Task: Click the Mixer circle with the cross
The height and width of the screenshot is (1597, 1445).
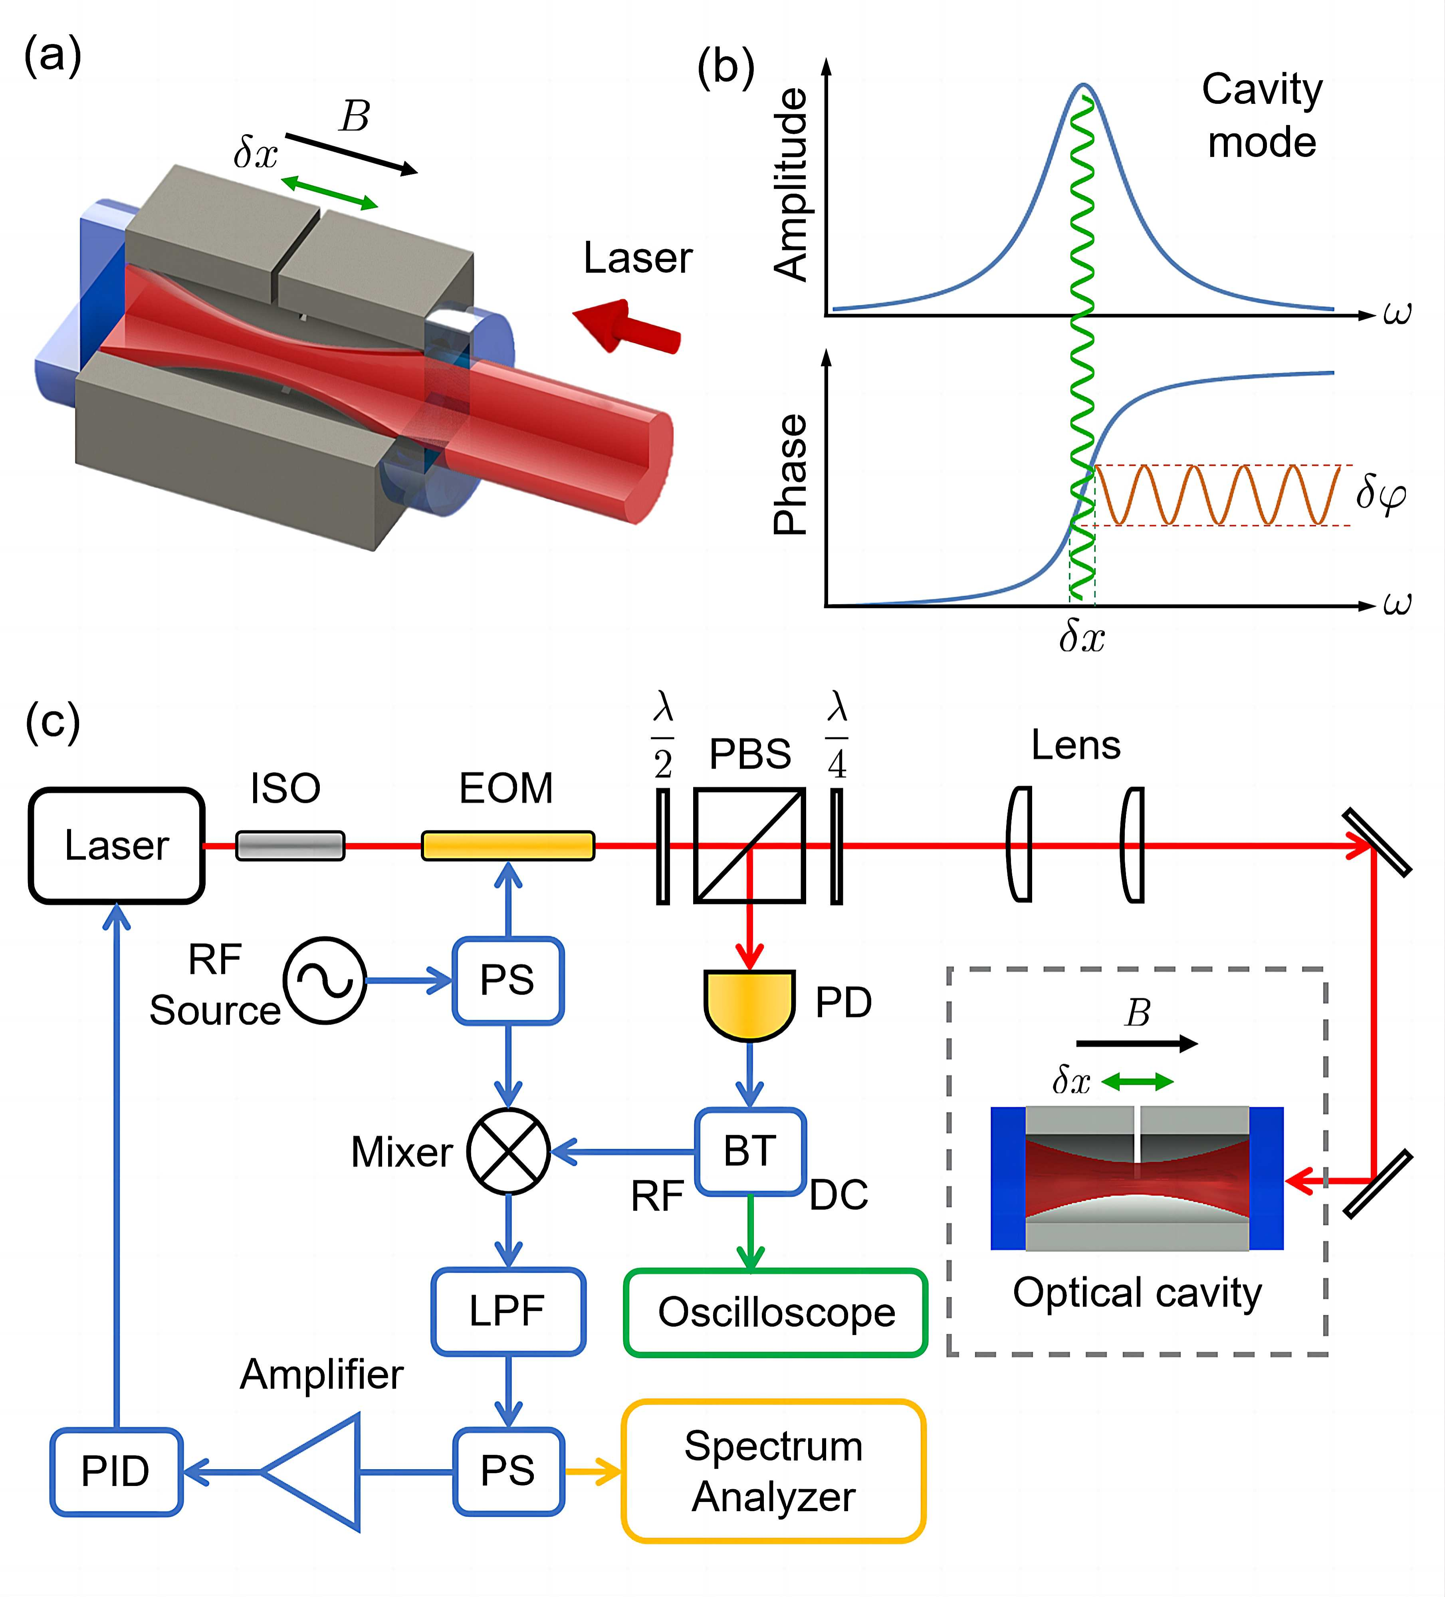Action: click(x=508, y=1151)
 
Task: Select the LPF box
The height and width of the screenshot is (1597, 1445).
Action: click(x=508, y=1311)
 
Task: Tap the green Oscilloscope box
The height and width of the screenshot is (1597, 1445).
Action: click(x=775, y=1313)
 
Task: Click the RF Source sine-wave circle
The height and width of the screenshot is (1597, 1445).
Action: click(x=325, y=981)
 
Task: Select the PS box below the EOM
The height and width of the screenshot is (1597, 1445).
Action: click(x=508, y=981)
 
